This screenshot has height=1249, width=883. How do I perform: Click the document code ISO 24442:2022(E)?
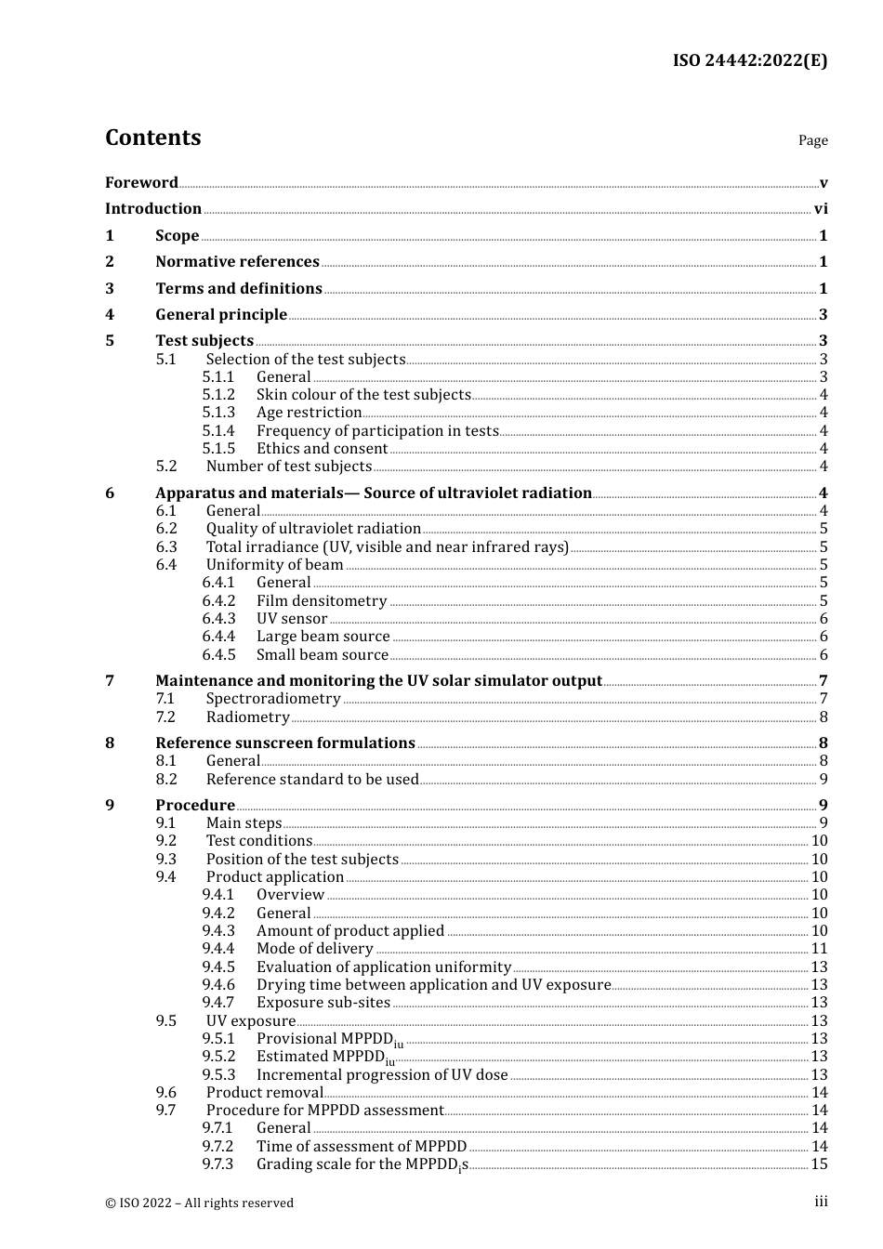click(749, 60)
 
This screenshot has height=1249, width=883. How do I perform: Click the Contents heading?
click(152, 138)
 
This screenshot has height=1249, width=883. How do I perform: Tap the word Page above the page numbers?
click(812, 140)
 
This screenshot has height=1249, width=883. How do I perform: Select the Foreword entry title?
click(141, 182)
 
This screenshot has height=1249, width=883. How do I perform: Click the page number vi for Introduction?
click(821, 209)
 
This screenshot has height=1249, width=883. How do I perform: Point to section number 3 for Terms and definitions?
click(110, 288)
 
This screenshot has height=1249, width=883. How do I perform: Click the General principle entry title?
click(221, 315)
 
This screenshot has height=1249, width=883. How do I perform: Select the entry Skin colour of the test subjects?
click(363, 395)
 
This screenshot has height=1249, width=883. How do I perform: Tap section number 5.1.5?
click(218, 449)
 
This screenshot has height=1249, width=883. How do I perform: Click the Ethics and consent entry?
click(322, 449)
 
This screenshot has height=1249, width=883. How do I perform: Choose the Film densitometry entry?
click(322, 601)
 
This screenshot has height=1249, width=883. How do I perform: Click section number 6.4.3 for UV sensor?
click(218, 619)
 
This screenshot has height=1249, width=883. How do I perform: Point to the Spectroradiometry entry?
click(273, 699)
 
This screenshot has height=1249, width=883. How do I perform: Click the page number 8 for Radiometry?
click(824, 717)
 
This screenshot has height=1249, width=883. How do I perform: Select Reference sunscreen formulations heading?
click(284, 743)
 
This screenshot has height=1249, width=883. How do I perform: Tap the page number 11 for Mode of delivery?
click(819, 949)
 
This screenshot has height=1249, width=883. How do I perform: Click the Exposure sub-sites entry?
click(323, 1003)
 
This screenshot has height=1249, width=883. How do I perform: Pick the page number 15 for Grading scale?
click(819, 1164)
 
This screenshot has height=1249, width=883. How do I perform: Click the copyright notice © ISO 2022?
click(199, 1203)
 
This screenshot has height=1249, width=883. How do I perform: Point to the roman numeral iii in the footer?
click(821, 1202)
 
